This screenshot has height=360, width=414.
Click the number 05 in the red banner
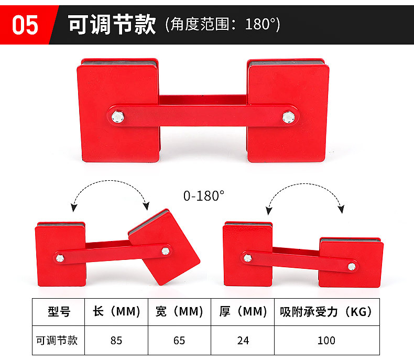point(25,25)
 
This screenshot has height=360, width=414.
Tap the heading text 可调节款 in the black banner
point(112,24)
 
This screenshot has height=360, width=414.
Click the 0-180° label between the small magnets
point(204,196)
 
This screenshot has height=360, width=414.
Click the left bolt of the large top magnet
point(118,117)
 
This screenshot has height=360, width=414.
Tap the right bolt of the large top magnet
point(288,117)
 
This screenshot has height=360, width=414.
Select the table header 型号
point(59,312)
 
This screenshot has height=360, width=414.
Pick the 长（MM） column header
point(116,311)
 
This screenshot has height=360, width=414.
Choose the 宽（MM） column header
point(179,311)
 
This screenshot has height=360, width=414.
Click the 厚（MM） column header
point(243,311)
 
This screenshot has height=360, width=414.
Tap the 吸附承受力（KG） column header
point(326,312)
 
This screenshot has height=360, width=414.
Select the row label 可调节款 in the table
point(57,341)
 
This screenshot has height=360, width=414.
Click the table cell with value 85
point(116,341)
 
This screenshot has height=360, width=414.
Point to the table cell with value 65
point(179,341)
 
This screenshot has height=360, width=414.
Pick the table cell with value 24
point(243,341)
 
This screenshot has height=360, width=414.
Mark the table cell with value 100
point(326,341)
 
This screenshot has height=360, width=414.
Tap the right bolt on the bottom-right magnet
point(352,267)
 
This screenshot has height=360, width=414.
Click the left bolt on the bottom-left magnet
point(60,258)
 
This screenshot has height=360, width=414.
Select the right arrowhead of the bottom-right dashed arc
point(341,209)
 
